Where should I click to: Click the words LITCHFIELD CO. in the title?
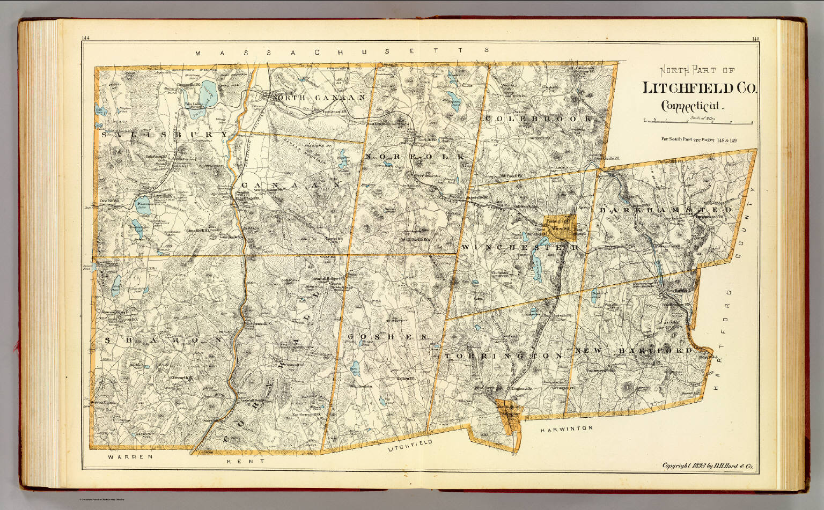[x=700, y=88]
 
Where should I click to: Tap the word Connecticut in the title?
[x=692, y=106]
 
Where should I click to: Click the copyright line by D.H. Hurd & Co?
[x=708, y=466]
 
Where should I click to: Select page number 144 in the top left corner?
[x=86, y=38]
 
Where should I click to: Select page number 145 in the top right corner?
[x=755, y=39]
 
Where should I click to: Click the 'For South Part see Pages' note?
[x=699, y=140]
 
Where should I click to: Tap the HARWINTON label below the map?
[x=566, y=429]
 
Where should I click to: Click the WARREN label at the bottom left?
[x=130, y=457]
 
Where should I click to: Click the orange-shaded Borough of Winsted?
[x=560, y=226]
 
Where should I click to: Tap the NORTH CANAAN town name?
[x=320, y=98]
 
